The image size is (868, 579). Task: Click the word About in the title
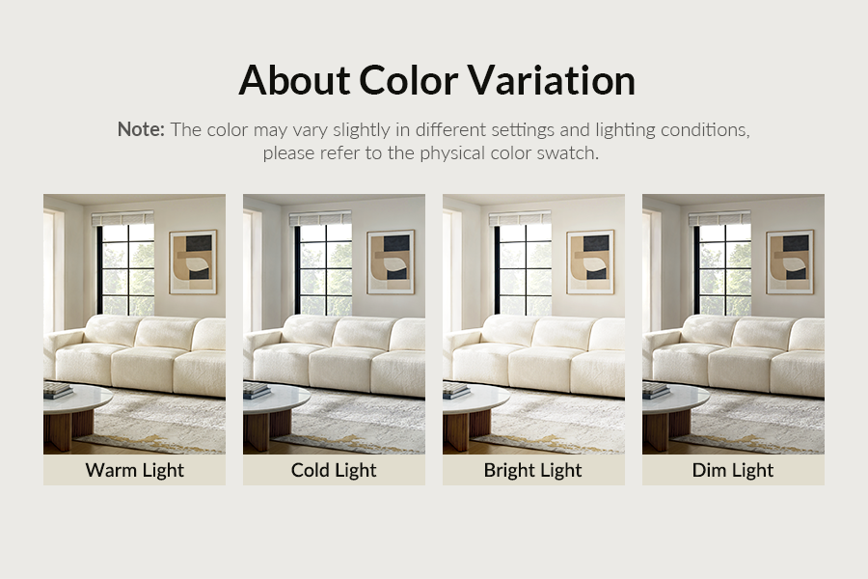pos(294,80)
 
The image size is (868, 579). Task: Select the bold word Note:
pos(141,129)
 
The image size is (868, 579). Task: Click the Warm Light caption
pos(134,470)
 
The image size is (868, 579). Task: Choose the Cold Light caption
pos(334,470)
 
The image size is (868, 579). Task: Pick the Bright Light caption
pos(533,470)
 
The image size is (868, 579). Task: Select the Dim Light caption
pos(733,470)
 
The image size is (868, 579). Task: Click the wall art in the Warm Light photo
pos(193,262)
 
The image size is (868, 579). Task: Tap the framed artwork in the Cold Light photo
pos(391,262)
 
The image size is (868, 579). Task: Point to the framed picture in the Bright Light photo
pos(590,262)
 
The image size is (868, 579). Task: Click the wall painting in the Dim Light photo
pos(790,262)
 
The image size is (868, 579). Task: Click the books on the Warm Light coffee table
pos(58,390)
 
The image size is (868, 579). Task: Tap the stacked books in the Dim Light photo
pos(656,390)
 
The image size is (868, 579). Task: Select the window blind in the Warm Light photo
pos(122,219)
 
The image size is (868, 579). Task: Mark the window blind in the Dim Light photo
pos(719,219)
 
